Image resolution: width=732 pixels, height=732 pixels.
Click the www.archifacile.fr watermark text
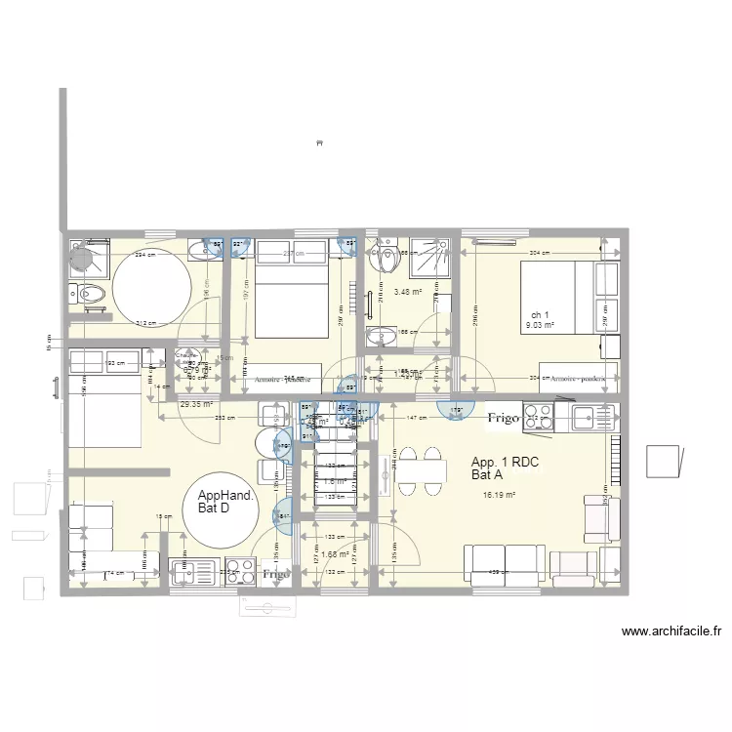[x=671, y=631]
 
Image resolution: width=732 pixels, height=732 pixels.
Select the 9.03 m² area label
[x=540, y=326]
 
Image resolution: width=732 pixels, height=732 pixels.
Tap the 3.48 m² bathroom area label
[x=407, y=292]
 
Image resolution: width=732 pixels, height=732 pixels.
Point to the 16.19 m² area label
[x=499, y=495]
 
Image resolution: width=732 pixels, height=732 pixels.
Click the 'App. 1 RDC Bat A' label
[x=505, y=468]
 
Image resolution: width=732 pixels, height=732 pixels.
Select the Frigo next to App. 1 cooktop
[x=504, y=418]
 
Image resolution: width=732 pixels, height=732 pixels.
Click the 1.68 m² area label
[x=336, y=554]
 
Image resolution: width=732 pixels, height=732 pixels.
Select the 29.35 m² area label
[x=195, y=403]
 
